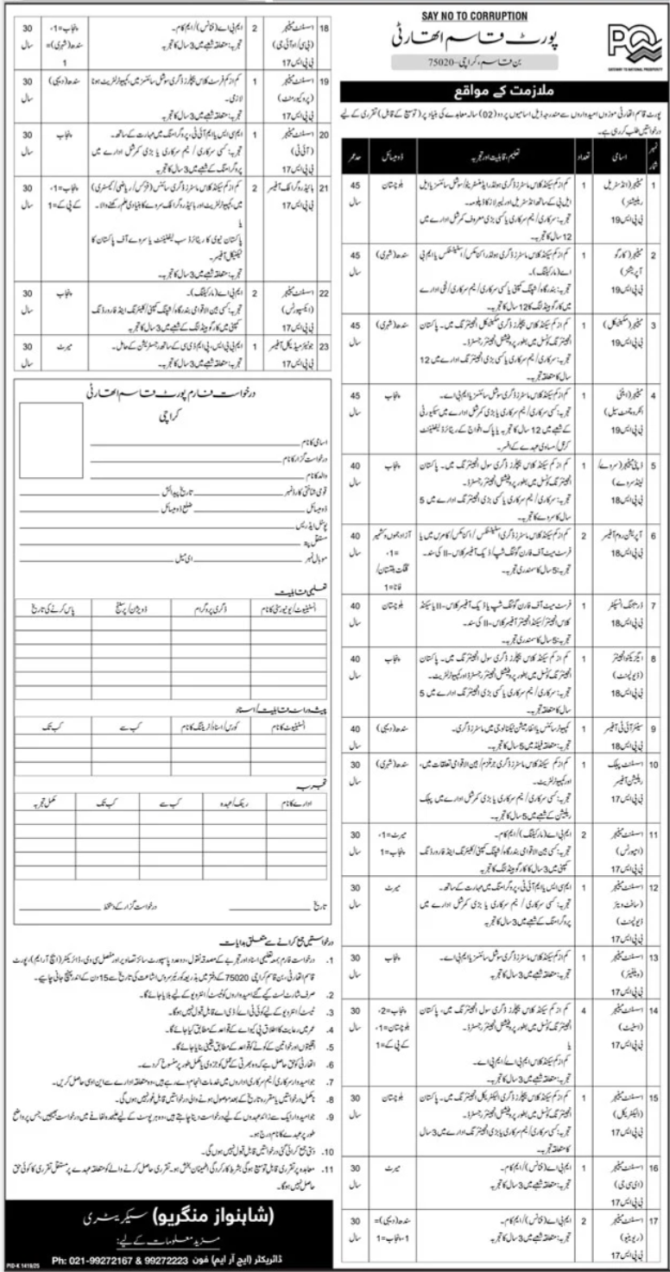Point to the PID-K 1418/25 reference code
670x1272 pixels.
[21, 1266]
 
